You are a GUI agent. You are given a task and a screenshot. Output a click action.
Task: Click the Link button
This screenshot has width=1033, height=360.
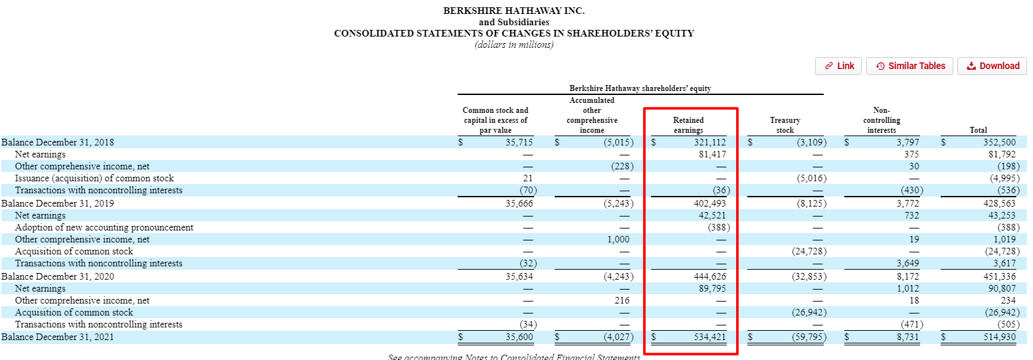click(x=838, y=66)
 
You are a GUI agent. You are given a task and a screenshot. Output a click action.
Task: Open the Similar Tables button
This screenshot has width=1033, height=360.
click(x=910, y=66)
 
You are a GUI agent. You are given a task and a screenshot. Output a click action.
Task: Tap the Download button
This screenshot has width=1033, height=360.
click(x=992, y=66)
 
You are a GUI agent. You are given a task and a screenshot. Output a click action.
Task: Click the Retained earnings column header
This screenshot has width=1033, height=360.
click(x=688, y=126)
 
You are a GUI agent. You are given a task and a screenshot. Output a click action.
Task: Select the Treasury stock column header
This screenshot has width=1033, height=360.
click(x=785, y=126)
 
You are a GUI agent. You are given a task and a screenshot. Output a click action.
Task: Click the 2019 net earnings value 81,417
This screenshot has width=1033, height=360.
click(x=710, y=154)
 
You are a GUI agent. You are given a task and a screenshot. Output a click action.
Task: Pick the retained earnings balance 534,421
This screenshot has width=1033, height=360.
click(x=705, y=337)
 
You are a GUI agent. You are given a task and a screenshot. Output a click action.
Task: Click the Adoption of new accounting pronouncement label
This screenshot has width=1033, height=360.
click(x=104, y=227)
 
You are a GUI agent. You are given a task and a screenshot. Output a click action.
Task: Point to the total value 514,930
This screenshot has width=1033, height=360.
click(x=997, y=337)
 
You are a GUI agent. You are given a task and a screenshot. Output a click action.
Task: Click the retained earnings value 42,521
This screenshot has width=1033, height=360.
click(x=710, y=215)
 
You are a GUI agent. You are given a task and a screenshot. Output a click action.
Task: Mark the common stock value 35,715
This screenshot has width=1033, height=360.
click(x=519, y=142)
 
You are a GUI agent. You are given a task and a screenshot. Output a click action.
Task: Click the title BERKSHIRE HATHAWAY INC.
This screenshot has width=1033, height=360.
click(x=514, y=11)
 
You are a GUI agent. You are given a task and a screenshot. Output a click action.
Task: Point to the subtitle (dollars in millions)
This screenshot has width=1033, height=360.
click(x=514, y=45)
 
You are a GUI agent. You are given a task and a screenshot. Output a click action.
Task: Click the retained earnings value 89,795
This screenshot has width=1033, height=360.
click(x=710, y=288)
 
